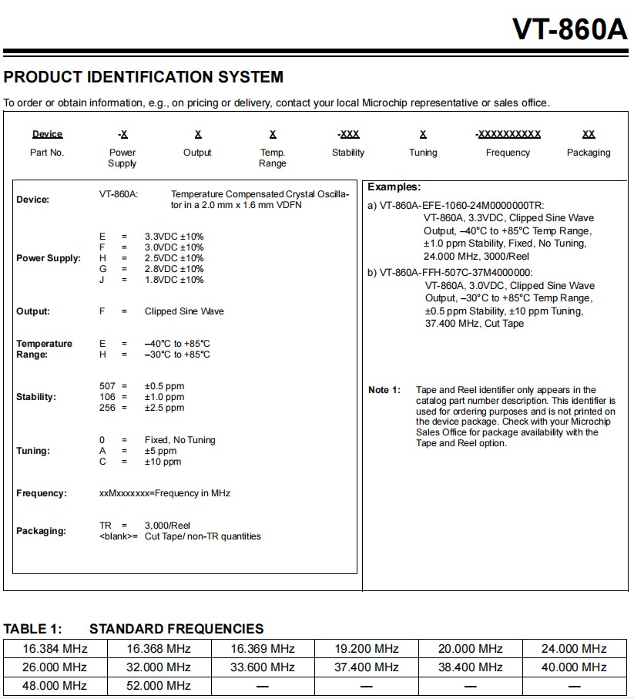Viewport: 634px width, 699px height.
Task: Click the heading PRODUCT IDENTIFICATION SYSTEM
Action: coord(143,77)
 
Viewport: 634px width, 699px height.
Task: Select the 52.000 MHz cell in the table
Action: coord(159,685)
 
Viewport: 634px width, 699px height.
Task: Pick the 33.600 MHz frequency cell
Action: coord(263,667)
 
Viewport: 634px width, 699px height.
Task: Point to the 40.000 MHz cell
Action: coord(574,667)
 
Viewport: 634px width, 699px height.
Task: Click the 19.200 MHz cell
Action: coord(367,649)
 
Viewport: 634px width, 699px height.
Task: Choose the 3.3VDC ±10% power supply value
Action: coord(174,237)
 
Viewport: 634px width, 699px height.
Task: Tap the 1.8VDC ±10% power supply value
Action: coord(174,280)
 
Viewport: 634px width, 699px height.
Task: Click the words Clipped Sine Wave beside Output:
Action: coord(184,311)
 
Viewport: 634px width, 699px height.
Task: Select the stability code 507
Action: coord(107,386)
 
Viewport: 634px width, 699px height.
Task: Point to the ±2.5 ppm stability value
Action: coord(164,408)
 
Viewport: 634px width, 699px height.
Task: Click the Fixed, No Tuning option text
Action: coord(180,440)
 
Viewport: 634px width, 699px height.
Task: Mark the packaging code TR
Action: coord(106,526)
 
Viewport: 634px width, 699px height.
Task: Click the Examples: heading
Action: coord(394,187)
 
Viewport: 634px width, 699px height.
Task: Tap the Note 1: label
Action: coord(384,390)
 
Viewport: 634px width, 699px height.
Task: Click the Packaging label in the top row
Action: coord(589,153)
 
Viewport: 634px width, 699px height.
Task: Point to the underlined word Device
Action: coord(48,134)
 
